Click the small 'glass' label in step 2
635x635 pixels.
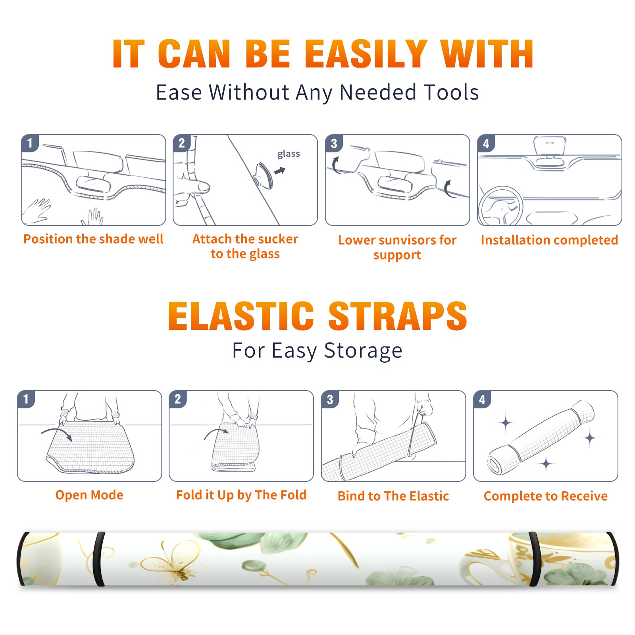289,154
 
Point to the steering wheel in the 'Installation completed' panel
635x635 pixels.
500,206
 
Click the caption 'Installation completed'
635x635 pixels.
549,240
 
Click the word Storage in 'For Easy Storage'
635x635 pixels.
363,351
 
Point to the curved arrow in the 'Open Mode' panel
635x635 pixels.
57,433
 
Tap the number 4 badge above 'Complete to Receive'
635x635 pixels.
482,399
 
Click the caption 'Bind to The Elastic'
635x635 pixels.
393,496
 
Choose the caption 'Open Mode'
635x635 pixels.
89,495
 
